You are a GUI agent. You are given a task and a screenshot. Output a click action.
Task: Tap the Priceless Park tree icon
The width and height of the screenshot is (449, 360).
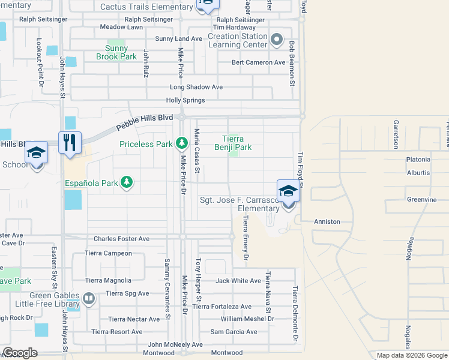point(182,143)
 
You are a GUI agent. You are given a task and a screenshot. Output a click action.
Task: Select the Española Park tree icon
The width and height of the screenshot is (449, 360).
point(126,182)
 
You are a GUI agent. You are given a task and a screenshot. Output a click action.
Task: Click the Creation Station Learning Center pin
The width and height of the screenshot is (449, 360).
point(276,40)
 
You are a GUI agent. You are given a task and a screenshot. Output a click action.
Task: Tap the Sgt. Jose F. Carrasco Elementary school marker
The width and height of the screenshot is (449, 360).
point(288,191)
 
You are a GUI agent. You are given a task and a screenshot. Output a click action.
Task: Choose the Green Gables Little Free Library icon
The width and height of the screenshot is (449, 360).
point(89,298)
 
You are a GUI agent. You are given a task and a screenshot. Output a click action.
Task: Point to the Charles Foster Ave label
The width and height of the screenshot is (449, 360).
point(121,239)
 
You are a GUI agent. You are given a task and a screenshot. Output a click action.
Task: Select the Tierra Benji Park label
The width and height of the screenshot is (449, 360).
point(233,142)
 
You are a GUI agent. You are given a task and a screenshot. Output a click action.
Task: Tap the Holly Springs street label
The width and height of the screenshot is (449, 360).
point(185,100)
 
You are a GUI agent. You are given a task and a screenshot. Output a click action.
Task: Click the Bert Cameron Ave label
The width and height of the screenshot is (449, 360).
point(259,62)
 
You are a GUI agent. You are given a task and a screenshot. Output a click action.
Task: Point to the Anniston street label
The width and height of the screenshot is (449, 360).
point(327,221)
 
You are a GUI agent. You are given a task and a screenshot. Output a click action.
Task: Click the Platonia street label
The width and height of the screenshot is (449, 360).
point(418,160)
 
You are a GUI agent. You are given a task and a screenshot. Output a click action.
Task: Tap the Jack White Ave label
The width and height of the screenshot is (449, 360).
point(238,280)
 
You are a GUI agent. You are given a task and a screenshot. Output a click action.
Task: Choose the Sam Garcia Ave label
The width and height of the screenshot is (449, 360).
point(234,332)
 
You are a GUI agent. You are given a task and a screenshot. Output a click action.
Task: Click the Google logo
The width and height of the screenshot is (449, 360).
point(20,353)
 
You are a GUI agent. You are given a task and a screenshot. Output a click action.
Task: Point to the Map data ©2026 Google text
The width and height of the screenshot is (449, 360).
point(411,355)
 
